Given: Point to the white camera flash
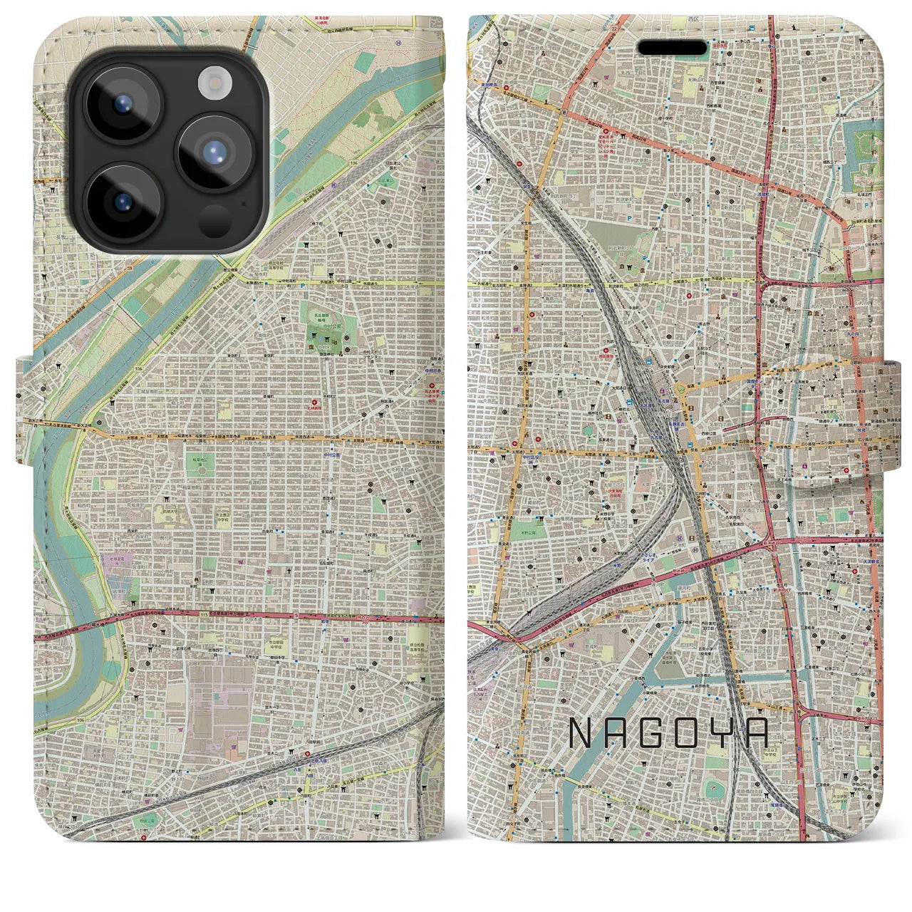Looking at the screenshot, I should (x=213, y=83).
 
